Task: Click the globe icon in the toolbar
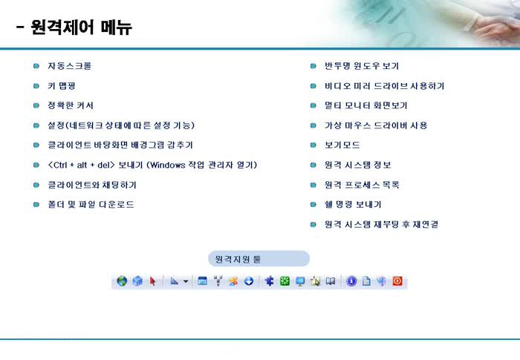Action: [122, 281]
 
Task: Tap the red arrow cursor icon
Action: [152, 281]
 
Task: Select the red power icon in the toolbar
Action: [397, 281]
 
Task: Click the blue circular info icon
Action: [351, 281]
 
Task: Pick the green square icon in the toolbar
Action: [285, 281]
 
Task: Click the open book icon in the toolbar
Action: [331, 281]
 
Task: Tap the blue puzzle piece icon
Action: [269, 281]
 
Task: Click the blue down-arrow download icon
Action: [248, 281]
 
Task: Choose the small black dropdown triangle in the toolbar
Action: [186, 281]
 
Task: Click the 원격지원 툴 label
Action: [238, 259]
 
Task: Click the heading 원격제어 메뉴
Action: [81, 27]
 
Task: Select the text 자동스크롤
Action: [69, 65]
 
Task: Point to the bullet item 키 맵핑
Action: [62, 86]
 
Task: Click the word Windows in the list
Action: [167, 165]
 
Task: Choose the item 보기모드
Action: [342, 145]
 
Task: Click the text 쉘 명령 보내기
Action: [353, 204]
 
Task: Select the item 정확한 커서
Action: [71, 105]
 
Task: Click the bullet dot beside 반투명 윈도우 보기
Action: [313, 65]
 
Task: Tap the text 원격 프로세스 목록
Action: [362, 185]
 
